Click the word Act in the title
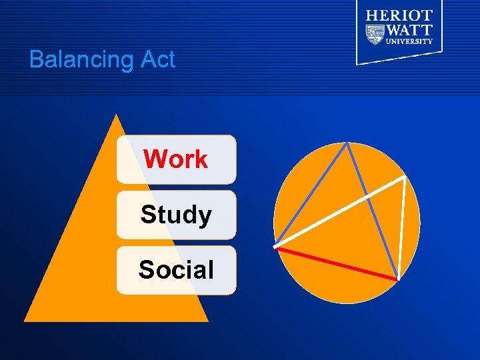coord(157,59)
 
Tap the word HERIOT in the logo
coord(399,15)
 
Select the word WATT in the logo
coord(409,30)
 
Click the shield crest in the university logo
coord(375,32)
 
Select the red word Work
coord(176,159)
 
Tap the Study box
coord(176,215)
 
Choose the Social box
coord(176,270)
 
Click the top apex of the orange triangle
coord(117,115)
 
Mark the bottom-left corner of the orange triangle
coord(26,321)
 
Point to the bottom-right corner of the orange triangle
coord(207,321)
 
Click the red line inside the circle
coord(337,263)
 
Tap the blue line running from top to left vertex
coord(311,194)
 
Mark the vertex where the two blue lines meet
coord(347,143)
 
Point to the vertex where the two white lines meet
coord(404,177)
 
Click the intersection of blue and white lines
coord(365,197)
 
